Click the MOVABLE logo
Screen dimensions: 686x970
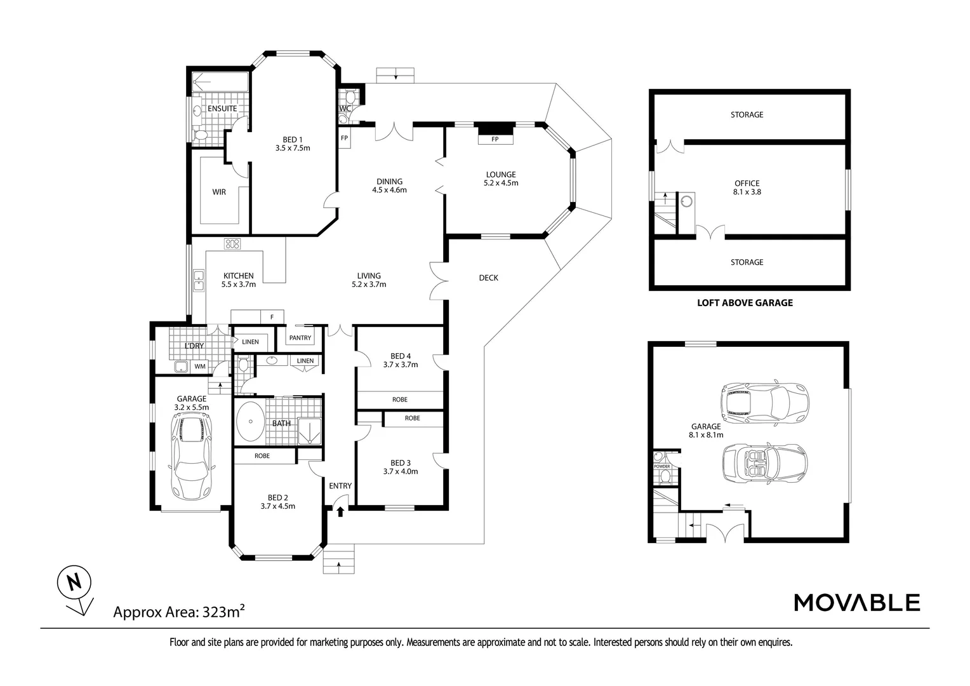point(857,602)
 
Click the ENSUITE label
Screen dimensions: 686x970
point(222,109)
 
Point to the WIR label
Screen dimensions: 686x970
point(219,191)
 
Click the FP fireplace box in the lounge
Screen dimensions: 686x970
point(495,139)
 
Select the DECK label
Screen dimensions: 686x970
point(488,278)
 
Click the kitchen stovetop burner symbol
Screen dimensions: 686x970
point(232,243)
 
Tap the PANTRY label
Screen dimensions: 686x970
point(300,338)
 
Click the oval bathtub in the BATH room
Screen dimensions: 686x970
point(251,422)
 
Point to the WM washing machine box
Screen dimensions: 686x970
point(200,367)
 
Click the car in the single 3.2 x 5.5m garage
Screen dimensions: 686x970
point(190,456)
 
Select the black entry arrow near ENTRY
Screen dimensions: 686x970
point(340,510)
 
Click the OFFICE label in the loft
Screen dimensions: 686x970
point(747,184)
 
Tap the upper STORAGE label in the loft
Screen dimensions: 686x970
point(747,115)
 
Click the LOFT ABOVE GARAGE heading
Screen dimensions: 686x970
point(745,303)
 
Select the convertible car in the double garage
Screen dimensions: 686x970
point(765,462)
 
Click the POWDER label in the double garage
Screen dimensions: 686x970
point(661,467)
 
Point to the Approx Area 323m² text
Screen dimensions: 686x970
point(179,612)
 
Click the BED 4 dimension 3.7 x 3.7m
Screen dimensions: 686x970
point(400,365)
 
